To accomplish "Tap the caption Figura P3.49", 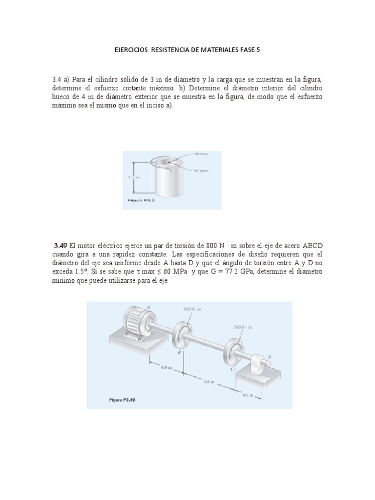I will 122,399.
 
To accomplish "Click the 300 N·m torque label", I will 192,309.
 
